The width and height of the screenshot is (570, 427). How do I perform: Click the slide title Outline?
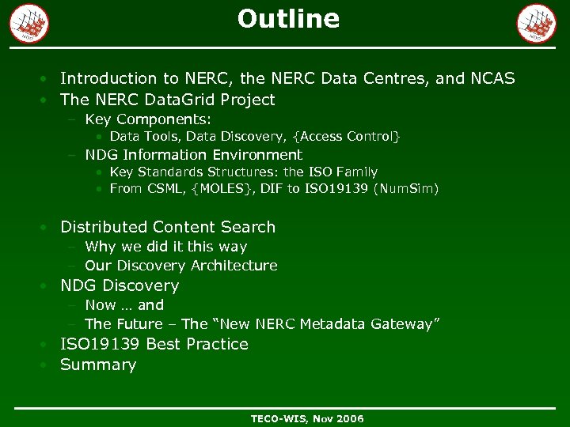[x=288, y=19]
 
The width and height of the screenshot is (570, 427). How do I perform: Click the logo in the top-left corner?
[x=29, y=23]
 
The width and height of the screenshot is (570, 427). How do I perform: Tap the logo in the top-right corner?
[x=536, y=23]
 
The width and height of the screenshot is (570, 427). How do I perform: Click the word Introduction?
[x=108, y=78]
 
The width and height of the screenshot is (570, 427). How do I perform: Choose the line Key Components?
[x=148, y=119]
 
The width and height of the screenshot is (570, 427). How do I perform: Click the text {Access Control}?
[x=352, y=137]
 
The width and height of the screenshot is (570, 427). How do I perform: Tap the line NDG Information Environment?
[x=193, y=155]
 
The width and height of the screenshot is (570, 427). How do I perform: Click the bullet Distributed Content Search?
[x=168, y=227]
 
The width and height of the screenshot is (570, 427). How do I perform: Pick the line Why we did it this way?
[x=165, y=247]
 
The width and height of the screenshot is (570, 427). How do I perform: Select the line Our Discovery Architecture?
[x=180, y=266]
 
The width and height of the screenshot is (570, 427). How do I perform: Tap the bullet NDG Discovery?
[x=120, y=285]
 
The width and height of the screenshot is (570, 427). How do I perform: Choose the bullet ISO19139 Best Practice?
[x=154, y=344]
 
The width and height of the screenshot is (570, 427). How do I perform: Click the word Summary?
[x=98, y=365]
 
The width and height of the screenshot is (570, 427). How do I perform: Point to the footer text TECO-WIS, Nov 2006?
[x=307, y=418]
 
